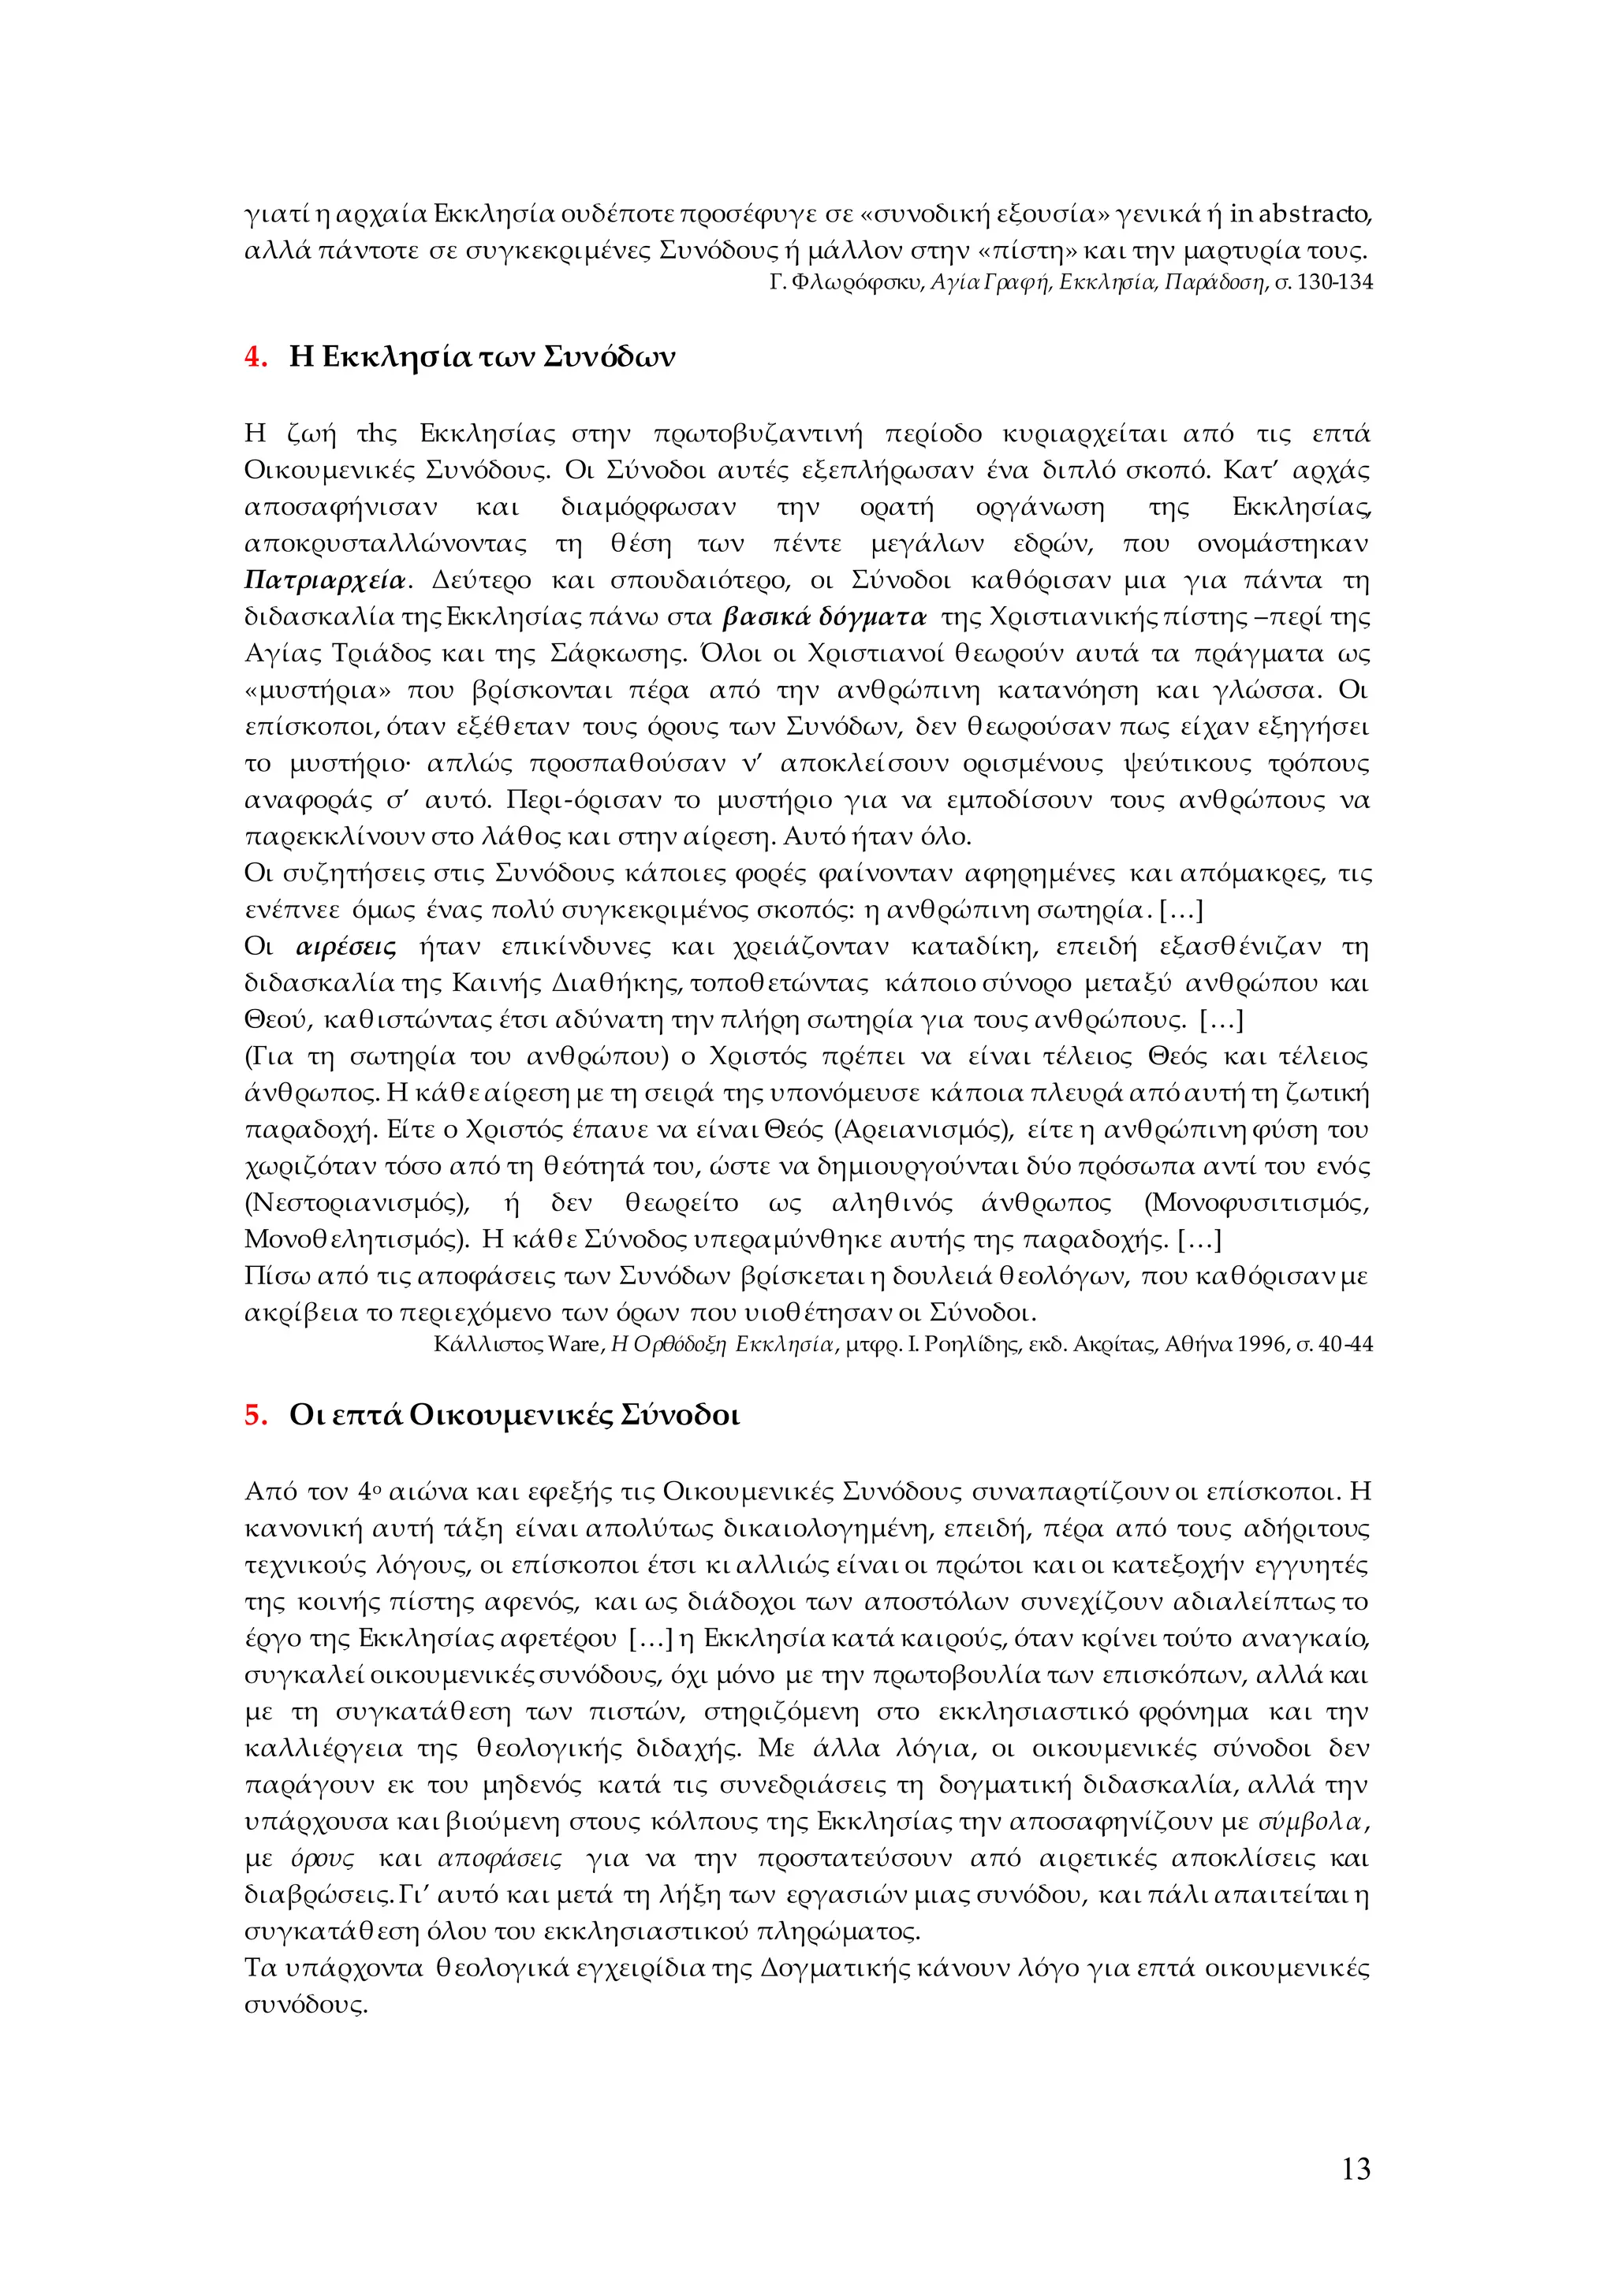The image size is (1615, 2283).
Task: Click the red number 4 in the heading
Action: [x=254, y=357]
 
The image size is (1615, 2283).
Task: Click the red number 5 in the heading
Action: [x=254, y=1415]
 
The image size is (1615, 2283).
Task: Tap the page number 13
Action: [x=1356, y=2169]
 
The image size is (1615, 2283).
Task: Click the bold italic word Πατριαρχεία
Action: [x=325, y=581]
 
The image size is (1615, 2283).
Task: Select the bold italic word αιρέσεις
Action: [x=347, y=947]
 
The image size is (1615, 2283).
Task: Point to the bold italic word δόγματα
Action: [x=872, y=617]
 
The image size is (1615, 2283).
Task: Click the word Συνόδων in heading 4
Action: [x=610, y=357]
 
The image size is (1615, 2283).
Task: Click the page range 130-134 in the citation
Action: [x=1336, y=282]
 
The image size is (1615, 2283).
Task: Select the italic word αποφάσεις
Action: [x=499, y=1858]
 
